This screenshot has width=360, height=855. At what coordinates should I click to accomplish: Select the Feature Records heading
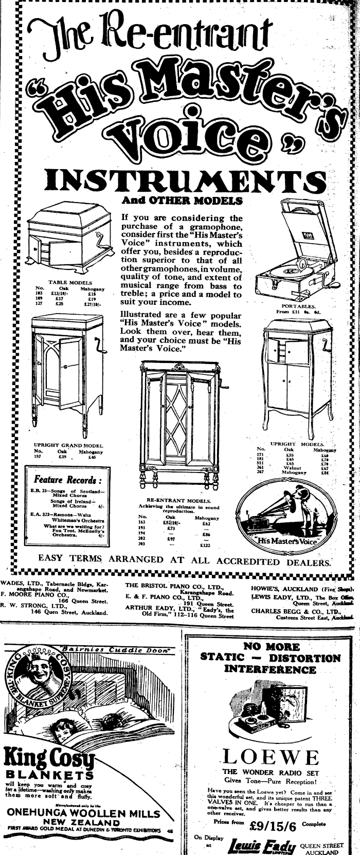coord(65,480)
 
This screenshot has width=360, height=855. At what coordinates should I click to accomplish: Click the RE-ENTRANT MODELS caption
coord(178,500)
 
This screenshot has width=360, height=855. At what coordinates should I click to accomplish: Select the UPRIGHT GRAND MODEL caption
coord(68,445)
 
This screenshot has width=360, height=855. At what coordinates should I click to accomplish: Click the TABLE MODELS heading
coord(70,282)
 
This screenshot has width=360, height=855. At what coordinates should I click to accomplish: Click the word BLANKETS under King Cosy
coord(49,775)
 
